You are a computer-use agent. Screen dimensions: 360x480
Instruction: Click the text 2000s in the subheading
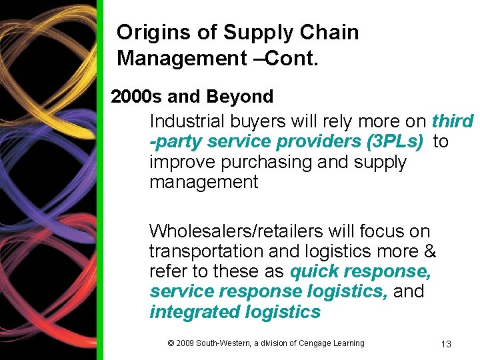coord(137,97)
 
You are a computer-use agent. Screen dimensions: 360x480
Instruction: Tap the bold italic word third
coord(453,121)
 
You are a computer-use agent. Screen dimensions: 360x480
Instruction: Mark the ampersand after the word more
coord(430,251)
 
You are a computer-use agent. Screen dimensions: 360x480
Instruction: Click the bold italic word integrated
coord(193,312)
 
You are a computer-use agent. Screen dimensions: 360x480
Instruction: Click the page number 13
coord(446,344)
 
